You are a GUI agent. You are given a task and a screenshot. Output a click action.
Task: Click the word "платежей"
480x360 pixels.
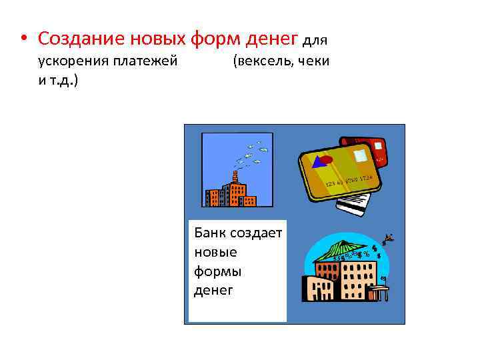(x=146, y=62)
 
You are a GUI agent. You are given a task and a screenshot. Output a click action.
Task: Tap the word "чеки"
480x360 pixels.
(x=313, y=62)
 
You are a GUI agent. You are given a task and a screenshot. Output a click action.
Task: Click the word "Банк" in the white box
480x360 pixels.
(x=209, y=233)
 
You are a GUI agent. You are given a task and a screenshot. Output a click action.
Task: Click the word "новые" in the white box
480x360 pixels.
(x=215, y=253)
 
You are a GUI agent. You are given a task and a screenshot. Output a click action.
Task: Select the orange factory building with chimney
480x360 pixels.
(x=231, y=193)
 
